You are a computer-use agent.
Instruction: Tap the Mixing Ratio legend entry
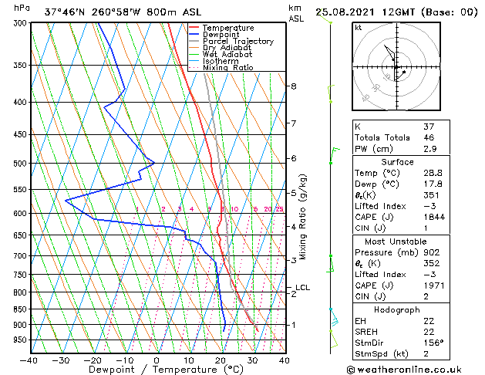coord(228,68)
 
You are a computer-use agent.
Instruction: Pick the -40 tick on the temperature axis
coord(29,360)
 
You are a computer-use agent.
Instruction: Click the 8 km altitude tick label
coord(294,86)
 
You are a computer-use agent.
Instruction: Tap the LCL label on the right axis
coord(303,288)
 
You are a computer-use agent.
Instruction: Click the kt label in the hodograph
coord(359,28)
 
